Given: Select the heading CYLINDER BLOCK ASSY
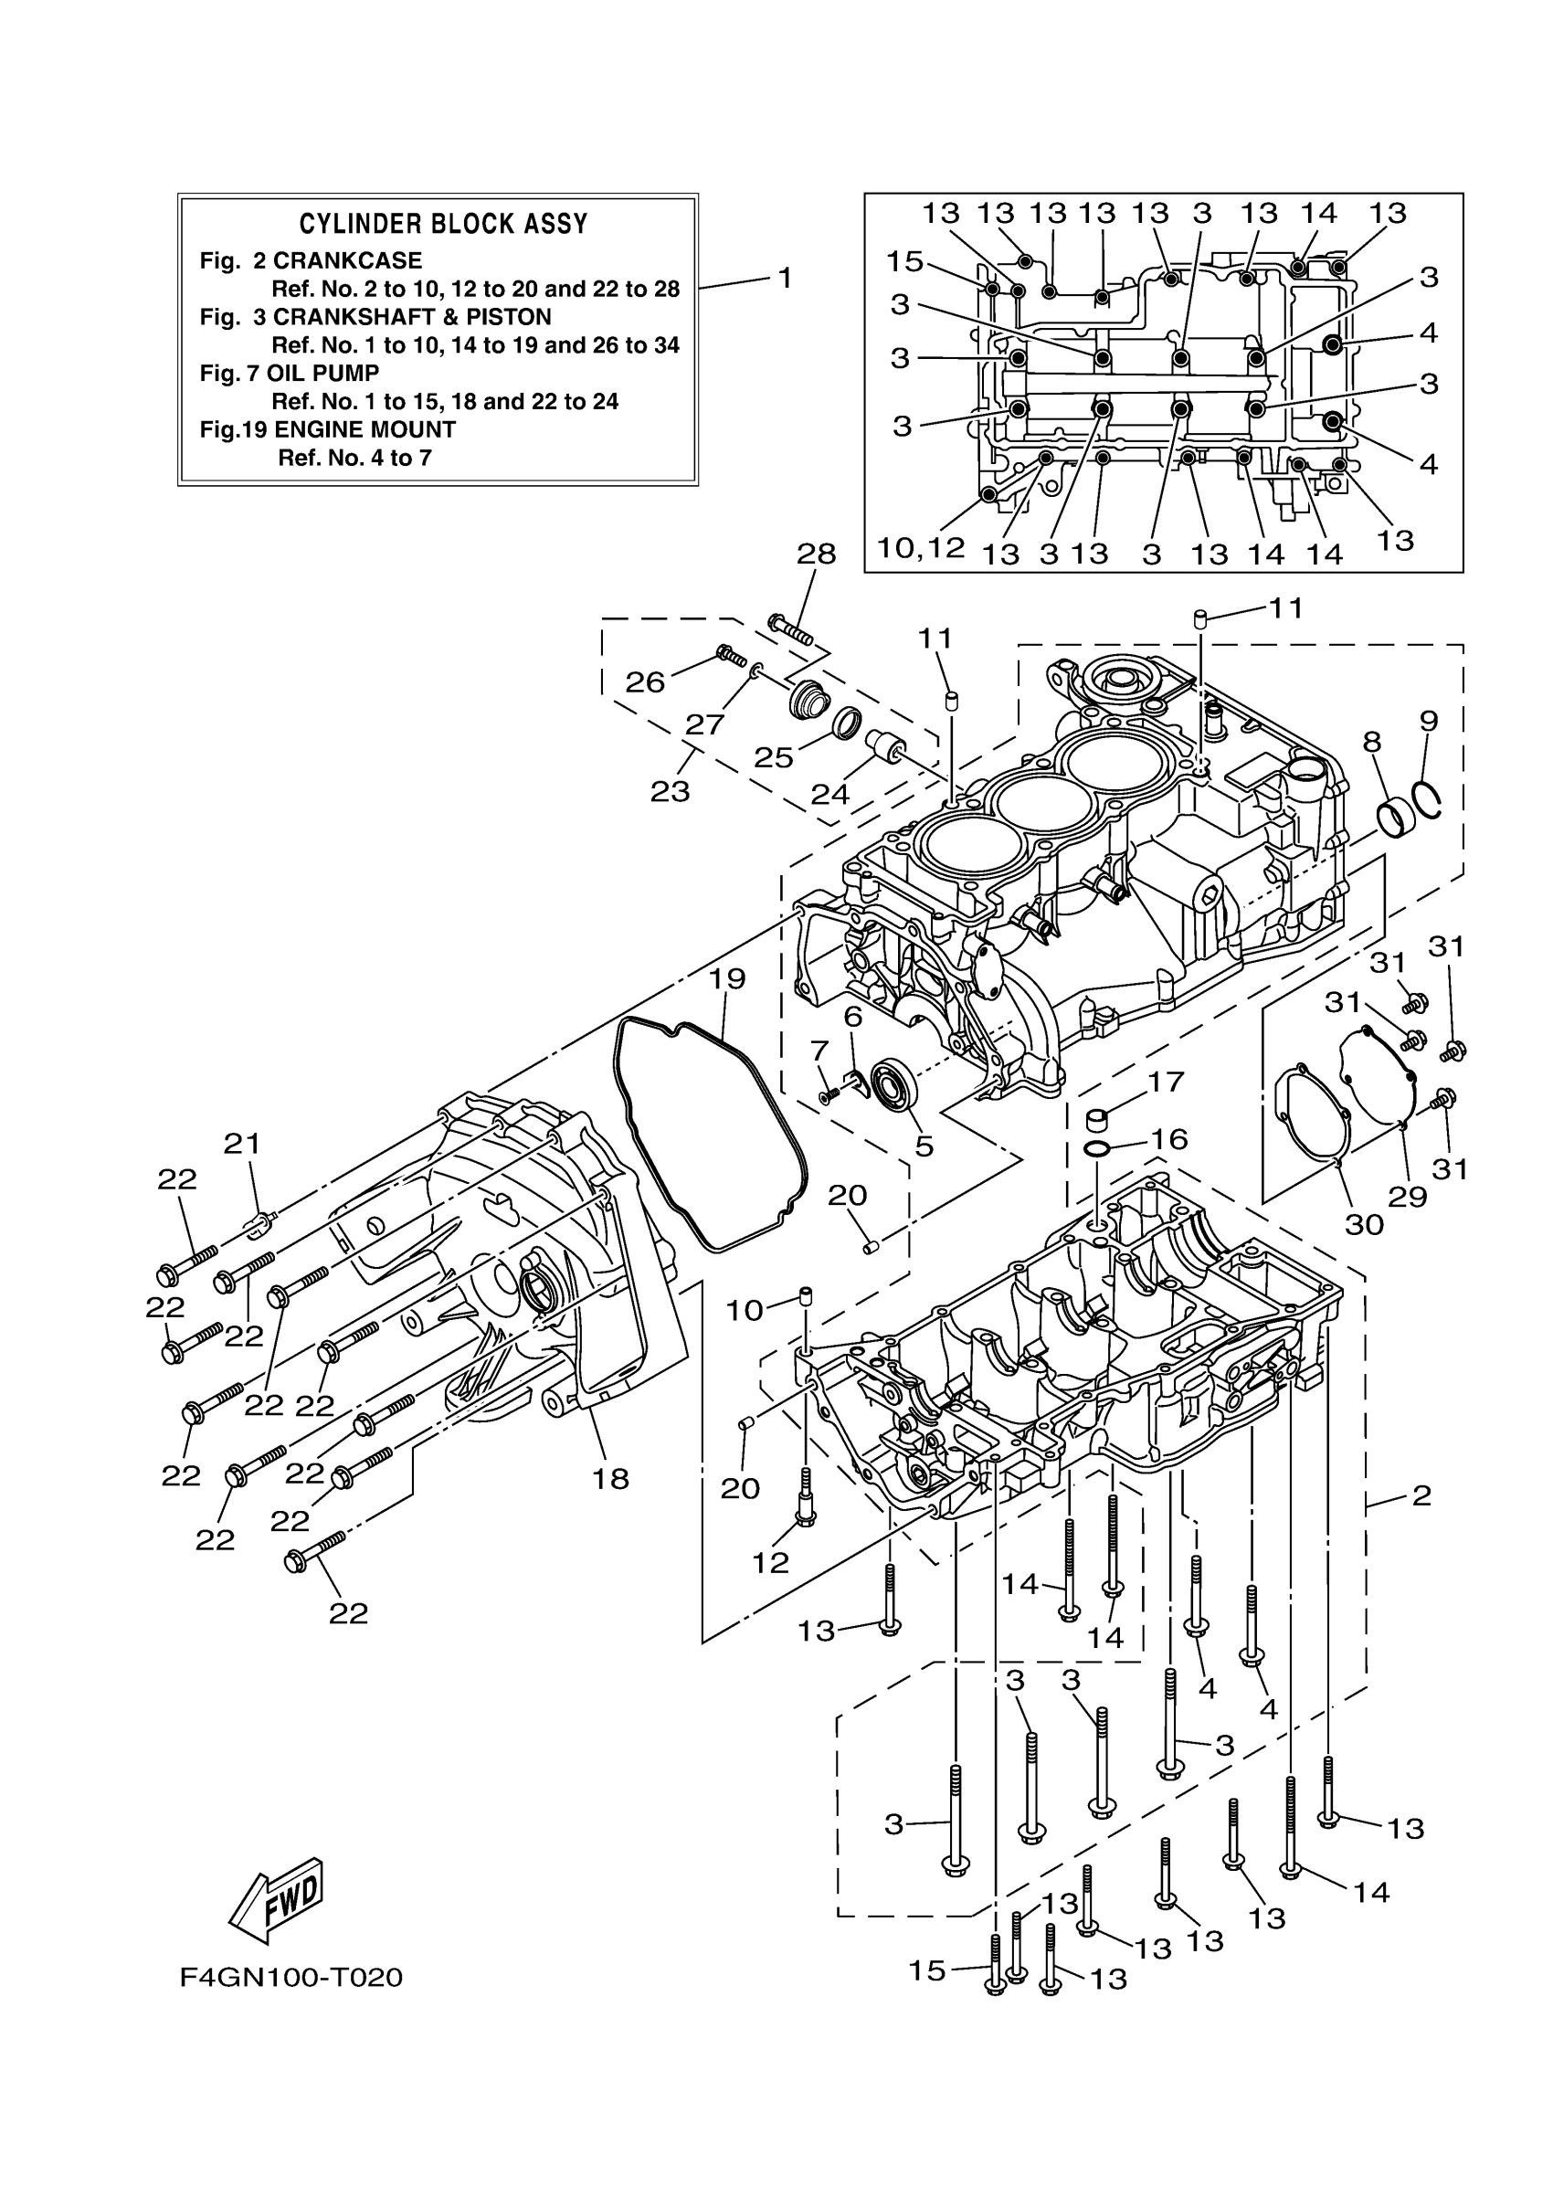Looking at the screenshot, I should coord(443,224).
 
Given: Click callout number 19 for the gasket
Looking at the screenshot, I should coord(727,979).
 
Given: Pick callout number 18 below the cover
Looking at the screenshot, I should coord(610,1479).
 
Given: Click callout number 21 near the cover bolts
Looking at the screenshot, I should coord(242,1144).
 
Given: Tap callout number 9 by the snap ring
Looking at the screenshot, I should coord(1429,721).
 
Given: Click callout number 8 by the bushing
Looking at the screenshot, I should coord(1372,742).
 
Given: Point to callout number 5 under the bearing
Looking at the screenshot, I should coord(924,1146).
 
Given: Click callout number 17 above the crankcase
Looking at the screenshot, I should coord(1166,1083).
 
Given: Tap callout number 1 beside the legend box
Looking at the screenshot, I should coord(785,279).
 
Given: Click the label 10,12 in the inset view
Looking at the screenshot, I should coord(921,548).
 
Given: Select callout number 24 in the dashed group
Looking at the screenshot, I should coord(829,793).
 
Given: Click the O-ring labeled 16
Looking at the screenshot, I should coord(1098,1148).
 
